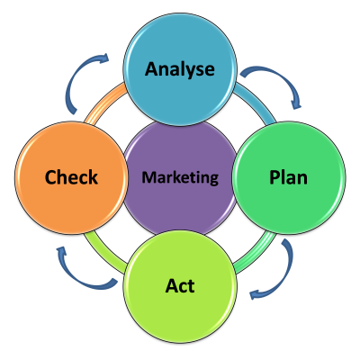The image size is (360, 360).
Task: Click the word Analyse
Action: (x=180, y=69)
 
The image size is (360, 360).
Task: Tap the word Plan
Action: (x=288, y=176)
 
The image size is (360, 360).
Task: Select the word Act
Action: (x=180, y=285)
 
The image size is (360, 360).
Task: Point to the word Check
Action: (x=71, y=176)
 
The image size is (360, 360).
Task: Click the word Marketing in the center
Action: (x=180, y=177)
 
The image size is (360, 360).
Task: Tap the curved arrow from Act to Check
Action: (x=78, y=277)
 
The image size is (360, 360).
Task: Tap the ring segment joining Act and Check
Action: (x=103, y=253)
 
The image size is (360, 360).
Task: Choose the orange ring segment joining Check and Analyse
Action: (x=104, y=103)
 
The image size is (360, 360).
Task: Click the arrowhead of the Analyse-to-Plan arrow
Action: (x=296, y=103)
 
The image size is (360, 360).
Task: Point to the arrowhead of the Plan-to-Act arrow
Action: (x=255, y=294)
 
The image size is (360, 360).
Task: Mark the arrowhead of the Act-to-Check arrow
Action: (x=62, y=251)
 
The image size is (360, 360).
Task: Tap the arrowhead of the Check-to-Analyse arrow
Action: (x=103, y=58)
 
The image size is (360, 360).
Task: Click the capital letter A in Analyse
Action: (x=152, y=68)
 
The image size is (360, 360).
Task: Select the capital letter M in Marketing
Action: (x=149, y=177)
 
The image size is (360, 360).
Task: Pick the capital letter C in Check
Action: (x=50, y=177)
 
